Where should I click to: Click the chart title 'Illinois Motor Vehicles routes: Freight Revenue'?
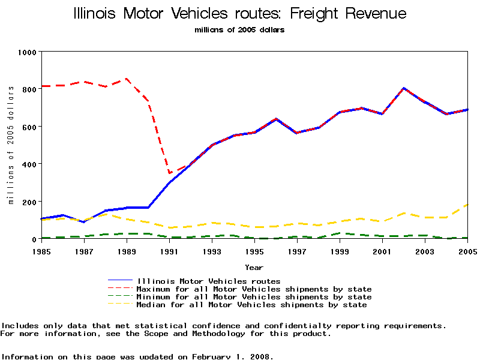point(239,14)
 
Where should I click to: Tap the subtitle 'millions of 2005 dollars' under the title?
point(239,30)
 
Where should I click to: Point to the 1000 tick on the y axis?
point(26,52)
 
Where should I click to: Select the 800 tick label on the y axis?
point(29,88)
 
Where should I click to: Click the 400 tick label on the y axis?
point(29,164)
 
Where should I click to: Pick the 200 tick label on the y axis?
point(29,202)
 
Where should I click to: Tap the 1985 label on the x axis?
point(41,250)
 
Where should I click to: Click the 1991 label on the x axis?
point(169,250)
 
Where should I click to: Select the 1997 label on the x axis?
point(297,250)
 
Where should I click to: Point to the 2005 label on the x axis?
point(467,250)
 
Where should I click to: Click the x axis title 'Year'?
point(254,267)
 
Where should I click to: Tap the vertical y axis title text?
point(11,145)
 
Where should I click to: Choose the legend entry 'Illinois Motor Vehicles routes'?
point(208,281)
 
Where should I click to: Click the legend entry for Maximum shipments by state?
point(254,289)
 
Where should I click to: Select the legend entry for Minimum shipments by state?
point(254,297)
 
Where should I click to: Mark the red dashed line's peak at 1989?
point(127,79)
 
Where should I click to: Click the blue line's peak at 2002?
point(404,88)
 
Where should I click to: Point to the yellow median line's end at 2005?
point(467,205)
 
